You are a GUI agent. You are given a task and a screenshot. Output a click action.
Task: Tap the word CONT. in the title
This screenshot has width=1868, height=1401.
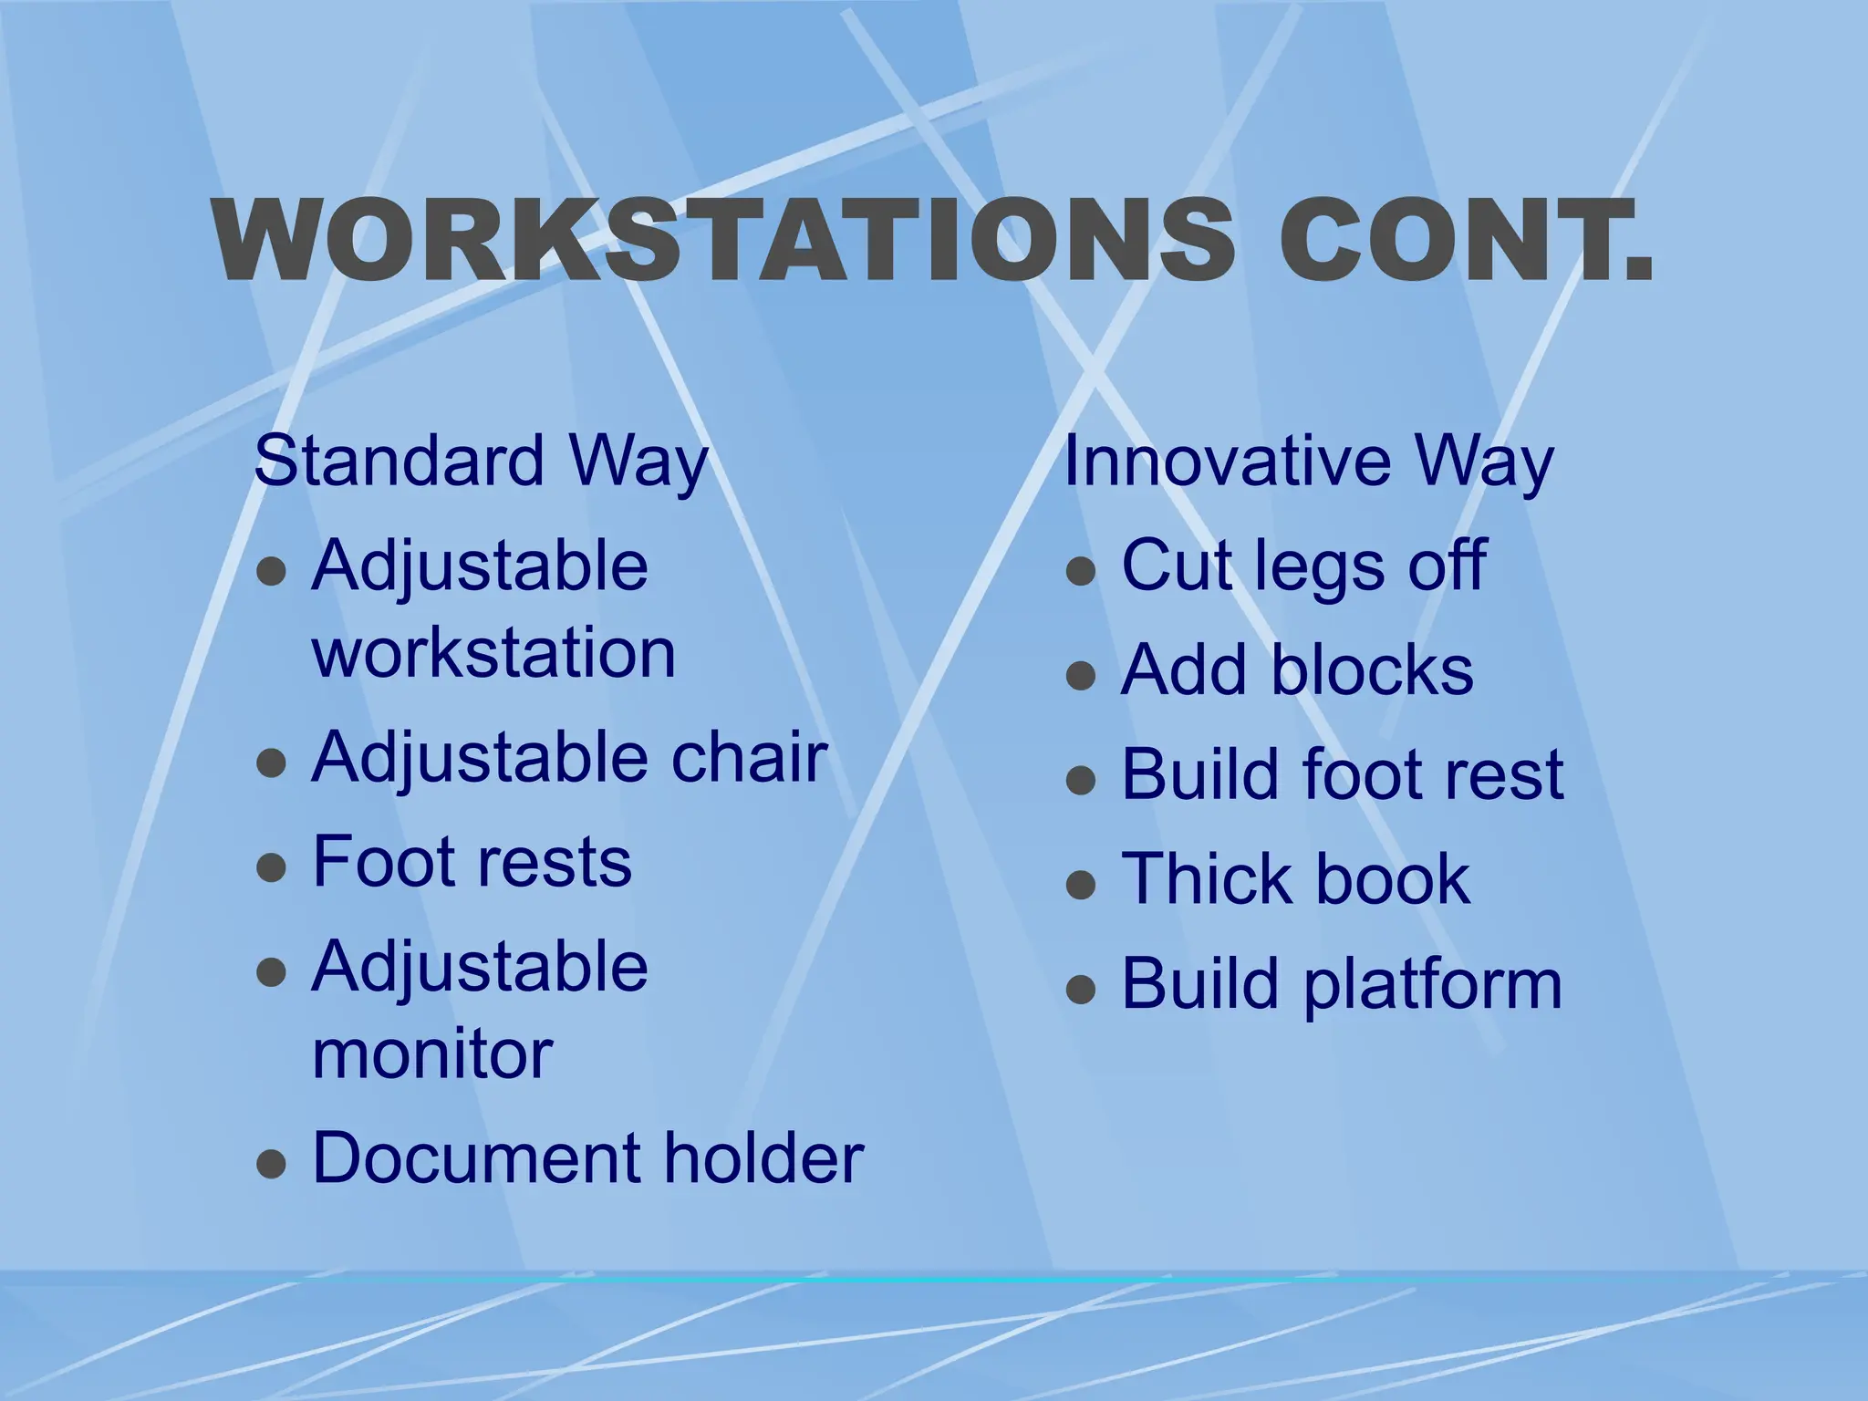tap(1465, 239)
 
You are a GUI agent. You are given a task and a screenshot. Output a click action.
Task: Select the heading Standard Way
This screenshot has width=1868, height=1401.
tap(481, 462)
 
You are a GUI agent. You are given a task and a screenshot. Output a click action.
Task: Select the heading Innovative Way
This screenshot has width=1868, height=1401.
tap(1308, 462)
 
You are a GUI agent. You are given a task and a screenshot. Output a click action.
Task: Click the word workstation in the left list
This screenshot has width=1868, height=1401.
tap(493, 653)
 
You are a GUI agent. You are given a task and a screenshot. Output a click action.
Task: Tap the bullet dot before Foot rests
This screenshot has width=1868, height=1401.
tap(272, 867)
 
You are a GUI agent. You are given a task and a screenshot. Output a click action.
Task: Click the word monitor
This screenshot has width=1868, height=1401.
tap(432, 1054)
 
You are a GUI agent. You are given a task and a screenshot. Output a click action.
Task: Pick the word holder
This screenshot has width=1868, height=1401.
tap(763, 1158)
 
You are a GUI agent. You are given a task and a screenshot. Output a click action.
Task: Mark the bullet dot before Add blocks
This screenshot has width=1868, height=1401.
tap(1080, 675)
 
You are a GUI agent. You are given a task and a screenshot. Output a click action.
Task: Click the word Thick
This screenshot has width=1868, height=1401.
tap(1205, 879)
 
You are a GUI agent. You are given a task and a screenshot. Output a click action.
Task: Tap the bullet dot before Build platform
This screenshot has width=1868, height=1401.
tap(1080, 989)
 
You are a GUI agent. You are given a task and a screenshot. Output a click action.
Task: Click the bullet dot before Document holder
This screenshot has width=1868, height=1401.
tap(272, 1164)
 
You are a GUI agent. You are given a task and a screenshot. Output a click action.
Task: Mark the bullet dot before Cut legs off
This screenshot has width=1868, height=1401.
tap(1080, 571)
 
